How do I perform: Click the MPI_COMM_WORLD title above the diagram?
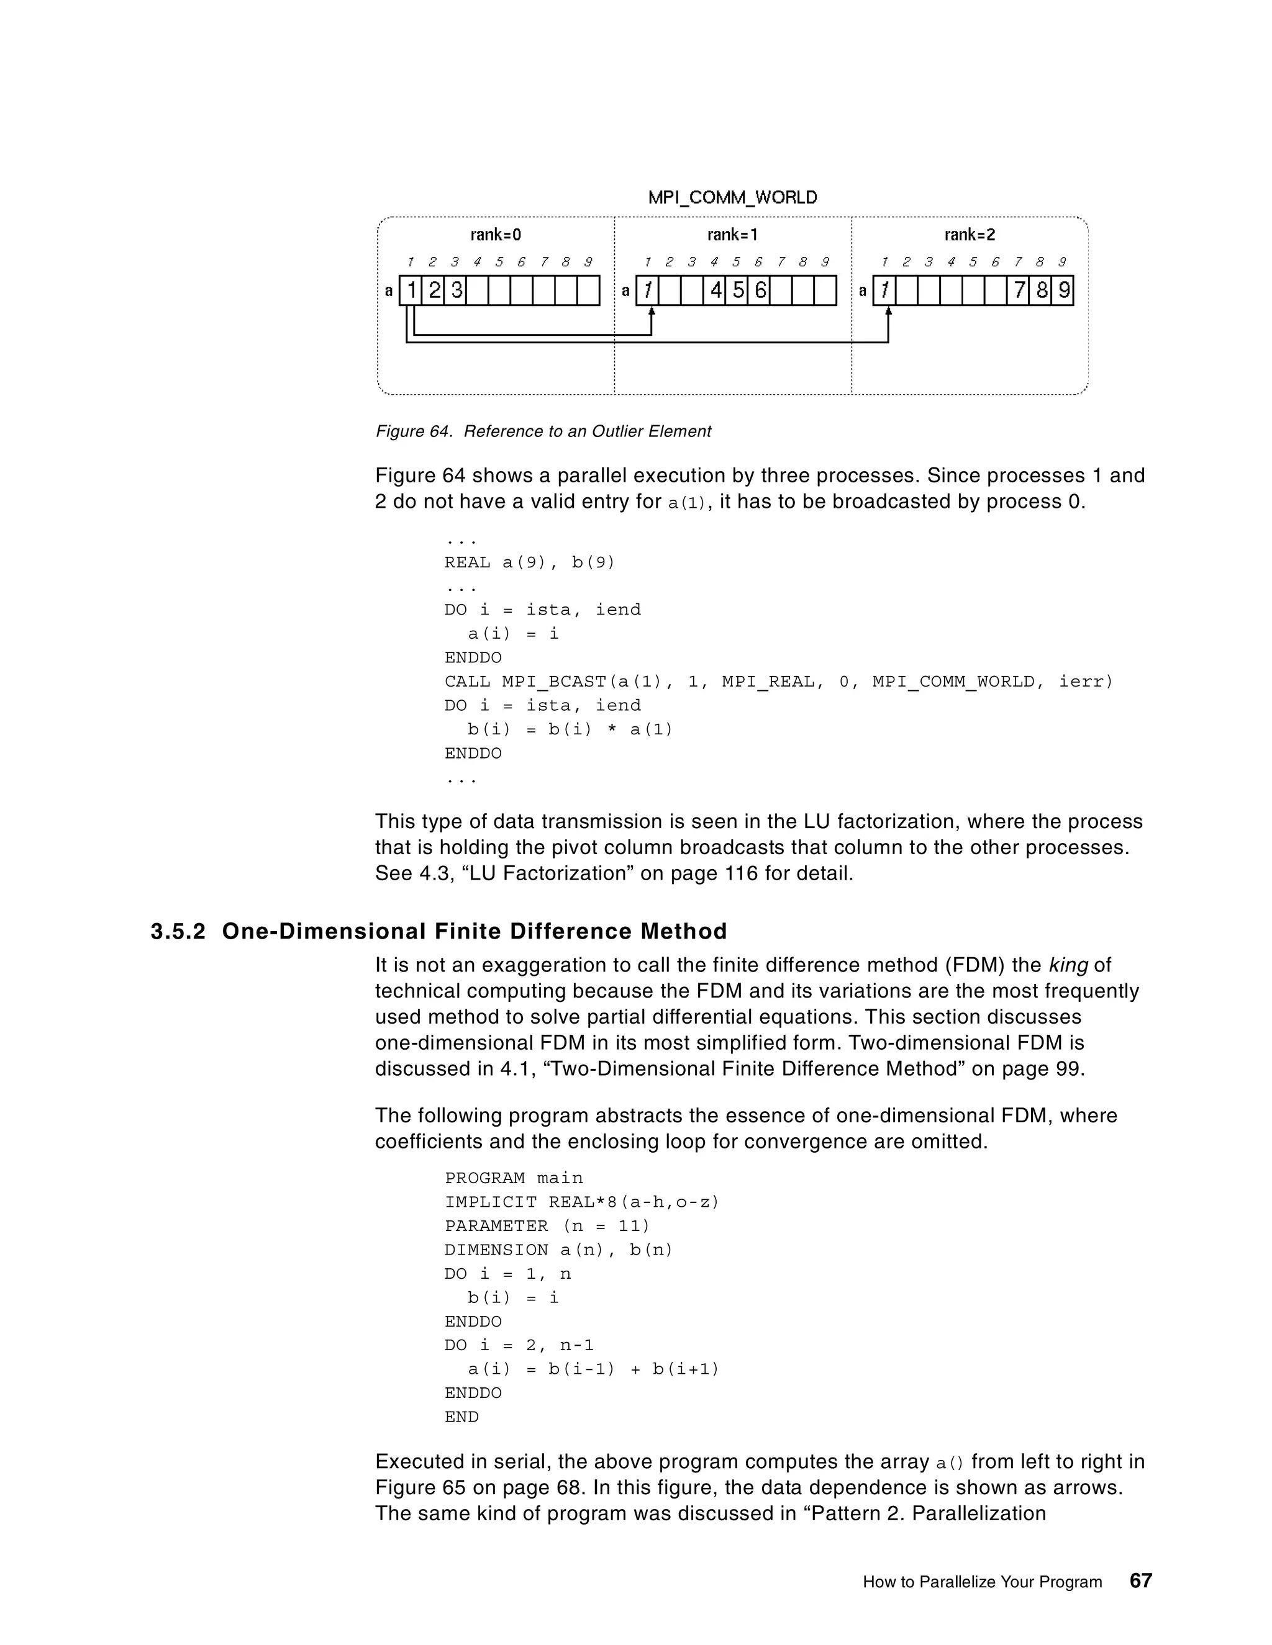(x=732, y=197)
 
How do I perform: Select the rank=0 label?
(x=495, y=235)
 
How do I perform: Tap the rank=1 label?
(x=732, y=235)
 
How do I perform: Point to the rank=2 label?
(x=969, y=235)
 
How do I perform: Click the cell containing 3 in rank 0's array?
(x=456, y=291)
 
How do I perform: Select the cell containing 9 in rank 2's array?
(x=1063, y=291)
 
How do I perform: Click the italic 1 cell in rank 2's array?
(x=884, y=291)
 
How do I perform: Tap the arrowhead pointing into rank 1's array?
(x=651, y=311)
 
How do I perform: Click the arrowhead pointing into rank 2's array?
(x=888, y=311)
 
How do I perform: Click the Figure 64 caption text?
(x=543, y=431)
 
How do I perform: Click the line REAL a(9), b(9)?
(x=530, y=562)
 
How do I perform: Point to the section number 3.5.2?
(x=178, y=932)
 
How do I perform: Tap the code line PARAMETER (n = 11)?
(x=547, y=1226)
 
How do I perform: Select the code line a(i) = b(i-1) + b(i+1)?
(x=593, y=1369)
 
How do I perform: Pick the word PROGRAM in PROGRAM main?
(x=484, y=1178)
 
